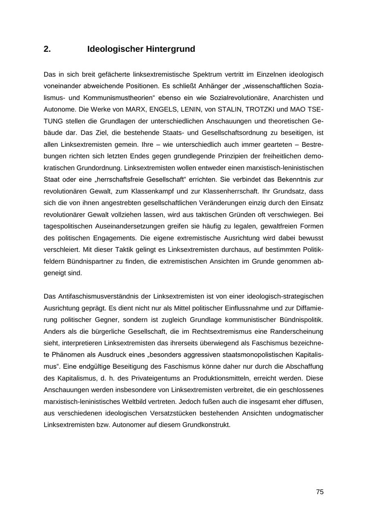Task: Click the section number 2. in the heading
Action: pyautogui.click(x=47, y=49)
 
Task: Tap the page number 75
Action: pyautogui.click(x=320, y=492)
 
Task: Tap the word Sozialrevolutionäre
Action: pyautogui.click(x=243, y=98)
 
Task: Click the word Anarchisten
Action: pyautogui.click(x=294, y=98)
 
